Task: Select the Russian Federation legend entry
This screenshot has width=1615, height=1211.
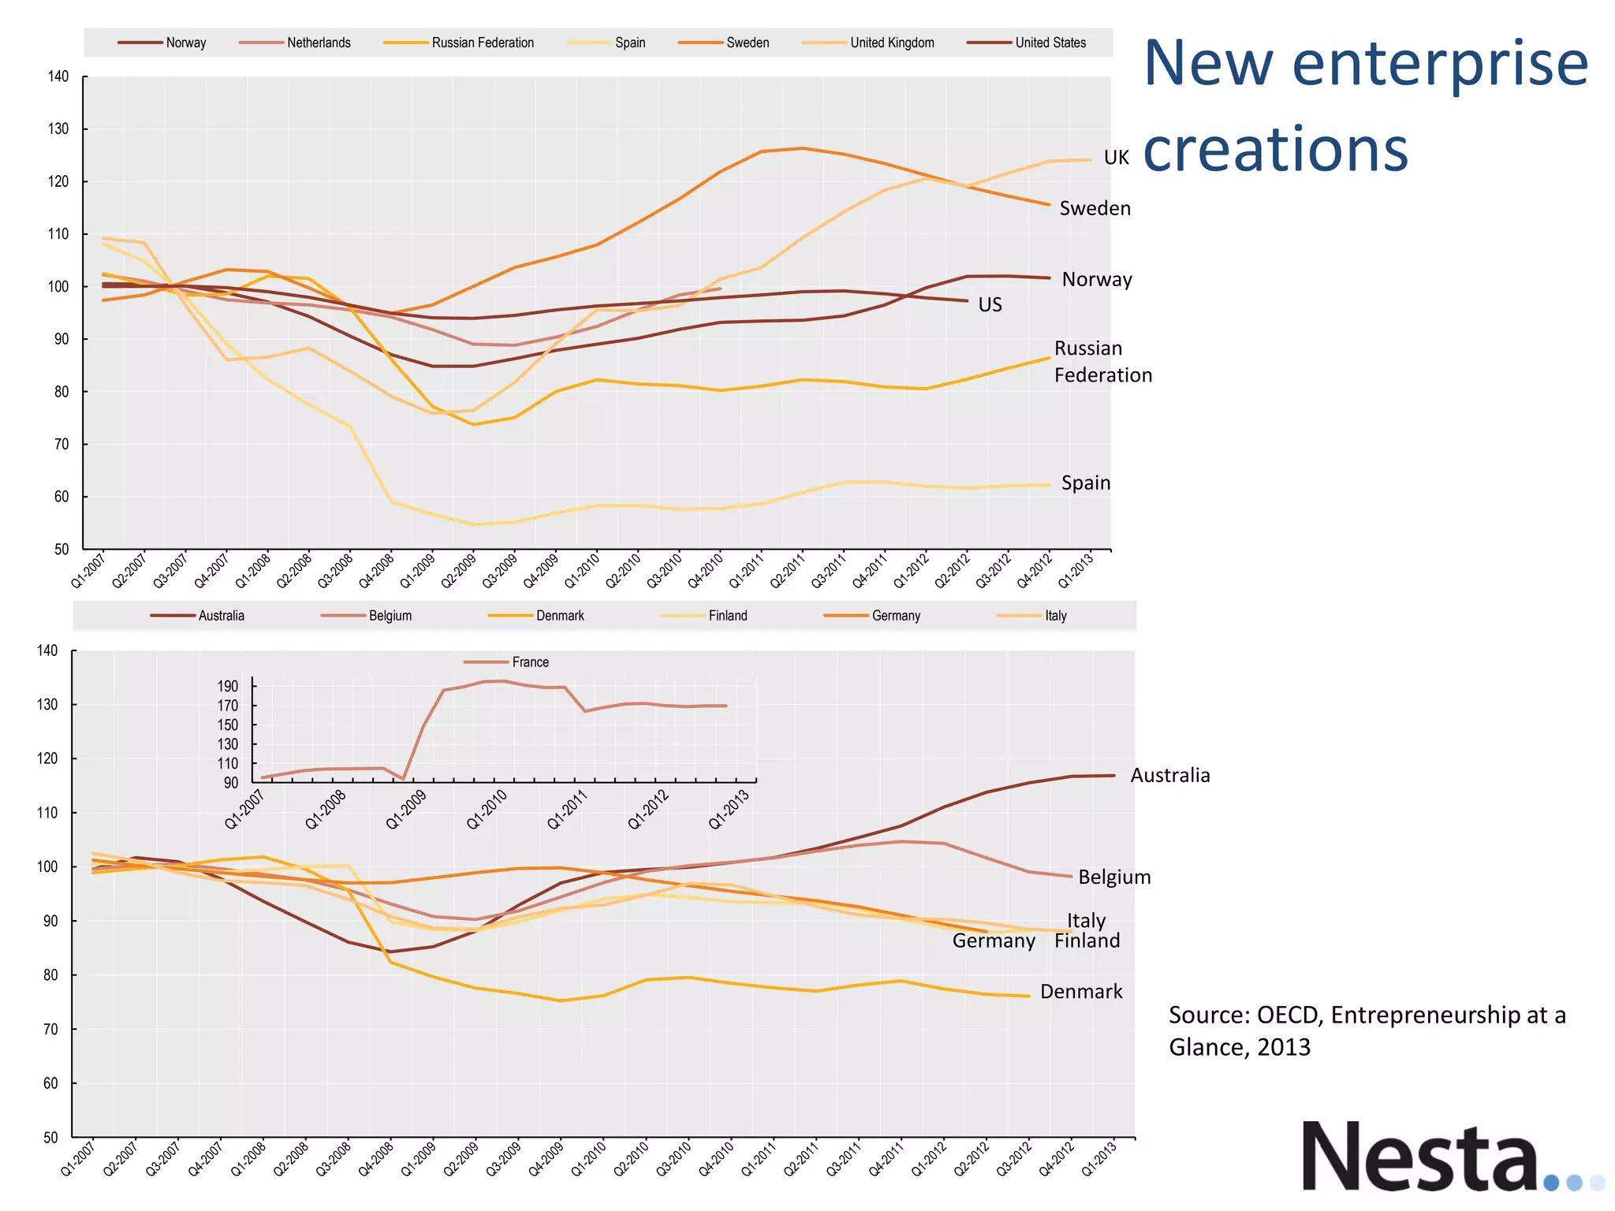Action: coord(482,43)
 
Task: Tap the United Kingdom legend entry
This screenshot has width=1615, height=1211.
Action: coord(891,43)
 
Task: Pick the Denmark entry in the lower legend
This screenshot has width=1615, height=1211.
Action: coord(559,616)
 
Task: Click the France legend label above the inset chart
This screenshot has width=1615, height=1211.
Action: coord(530,662)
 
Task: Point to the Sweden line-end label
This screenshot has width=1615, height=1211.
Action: coord(1095,208)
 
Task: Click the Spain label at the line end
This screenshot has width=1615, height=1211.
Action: coord(1085,483)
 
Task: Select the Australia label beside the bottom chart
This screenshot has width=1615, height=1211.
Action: coord(1169,775)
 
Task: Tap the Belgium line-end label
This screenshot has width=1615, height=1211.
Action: coord(1114,877)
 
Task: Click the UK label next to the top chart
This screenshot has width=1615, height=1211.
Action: coord(1116,158)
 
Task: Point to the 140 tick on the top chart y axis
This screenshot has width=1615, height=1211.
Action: coord(58,76)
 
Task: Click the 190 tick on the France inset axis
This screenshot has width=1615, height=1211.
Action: coord(228,686)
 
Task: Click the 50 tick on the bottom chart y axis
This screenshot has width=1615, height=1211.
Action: coord(50,1137)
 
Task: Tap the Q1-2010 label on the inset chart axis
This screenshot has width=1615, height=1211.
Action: coord(487,810)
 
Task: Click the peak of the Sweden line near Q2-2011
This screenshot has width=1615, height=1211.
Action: coord(802,148)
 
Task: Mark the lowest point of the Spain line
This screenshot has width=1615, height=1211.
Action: coord(475,524)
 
